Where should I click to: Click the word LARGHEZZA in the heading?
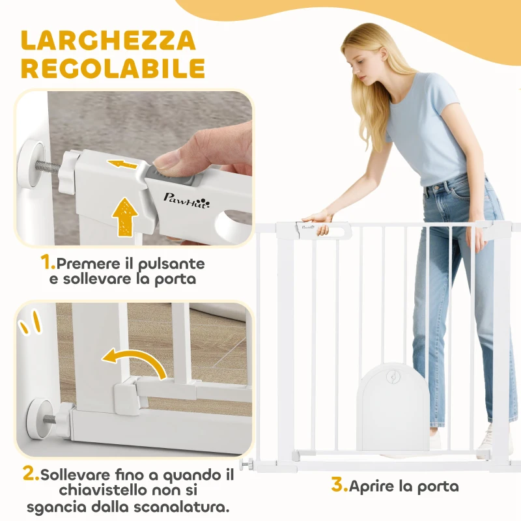click(x=108, y=40)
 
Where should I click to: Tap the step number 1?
click(x=48, y=262)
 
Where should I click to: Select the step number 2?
click(x=31, y=473)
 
